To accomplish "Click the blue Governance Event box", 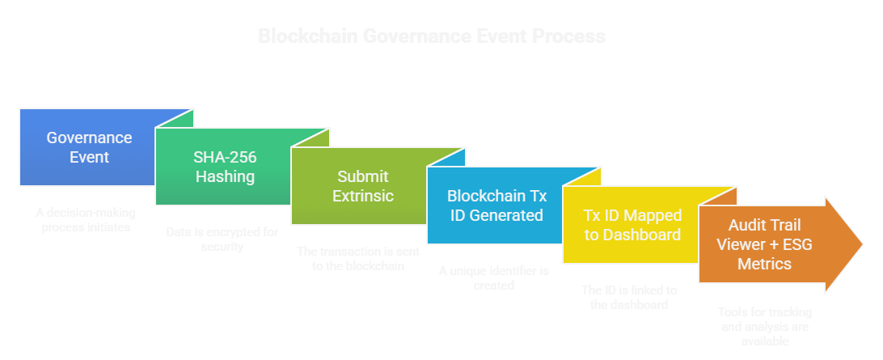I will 89,147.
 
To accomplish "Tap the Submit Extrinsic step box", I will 362,186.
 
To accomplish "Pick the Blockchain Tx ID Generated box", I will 496,205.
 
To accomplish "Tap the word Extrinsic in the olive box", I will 362,196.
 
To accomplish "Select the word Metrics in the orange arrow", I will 766,264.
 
